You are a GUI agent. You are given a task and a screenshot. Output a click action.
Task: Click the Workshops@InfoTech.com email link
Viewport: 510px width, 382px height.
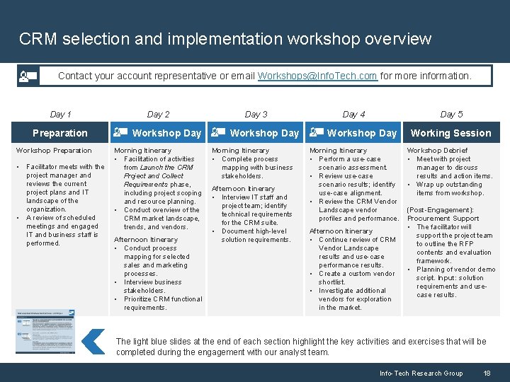pyautogui.click(x=317, y=76)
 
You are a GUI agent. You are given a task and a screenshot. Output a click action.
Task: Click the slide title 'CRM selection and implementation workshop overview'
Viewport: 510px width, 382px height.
pyautogui.click(x=225, y=38)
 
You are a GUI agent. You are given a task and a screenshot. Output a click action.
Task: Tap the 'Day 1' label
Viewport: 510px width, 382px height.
pyautogui.click(x=60, y=114)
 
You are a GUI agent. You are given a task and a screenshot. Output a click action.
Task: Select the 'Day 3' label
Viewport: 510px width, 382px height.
pyautogui.click(x=256, y=114)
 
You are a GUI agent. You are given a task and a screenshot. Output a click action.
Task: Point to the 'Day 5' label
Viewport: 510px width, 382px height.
pyautogui.click(x=451, y=114)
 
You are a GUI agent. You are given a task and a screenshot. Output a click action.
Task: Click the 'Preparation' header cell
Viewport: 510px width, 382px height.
pyautogui.click(x=60, y=133)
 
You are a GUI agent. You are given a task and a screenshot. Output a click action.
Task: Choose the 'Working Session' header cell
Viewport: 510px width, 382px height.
pyautogui.click(x=450, y=133)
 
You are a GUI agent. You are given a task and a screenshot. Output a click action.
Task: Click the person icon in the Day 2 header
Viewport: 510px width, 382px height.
pyautogui.click(x=120, y=132)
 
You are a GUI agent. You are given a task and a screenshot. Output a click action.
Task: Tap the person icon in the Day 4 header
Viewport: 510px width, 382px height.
pyautogui.click(x=315, y=132)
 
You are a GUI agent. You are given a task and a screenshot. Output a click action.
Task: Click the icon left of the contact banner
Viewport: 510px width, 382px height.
pyautogui.click(x=28, y=76)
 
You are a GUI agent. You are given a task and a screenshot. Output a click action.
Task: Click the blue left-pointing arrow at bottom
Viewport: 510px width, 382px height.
pyautogui.click(x=93, y=341)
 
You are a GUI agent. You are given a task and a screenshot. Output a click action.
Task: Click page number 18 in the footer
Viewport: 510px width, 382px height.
pyautogui.click(x=487, y=373)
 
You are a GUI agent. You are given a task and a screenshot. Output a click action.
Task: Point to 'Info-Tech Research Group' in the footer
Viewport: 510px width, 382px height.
pyautogui.click(x=421, y=373)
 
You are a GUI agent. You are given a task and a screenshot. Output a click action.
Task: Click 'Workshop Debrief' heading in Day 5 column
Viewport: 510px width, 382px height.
pyautogui.click(x=437, y=151)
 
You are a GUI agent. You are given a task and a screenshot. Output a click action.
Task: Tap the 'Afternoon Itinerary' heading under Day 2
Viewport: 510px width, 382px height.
pyautogui.click(x=146, y=240)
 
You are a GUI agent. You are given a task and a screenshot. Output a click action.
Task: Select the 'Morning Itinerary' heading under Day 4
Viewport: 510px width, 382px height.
pyautogui.click(x=338, y=151)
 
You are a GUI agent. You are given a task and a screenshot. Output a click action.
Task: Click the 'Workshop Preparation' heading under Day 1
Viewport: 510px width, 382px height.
pyautogui.click(x=54, y=151)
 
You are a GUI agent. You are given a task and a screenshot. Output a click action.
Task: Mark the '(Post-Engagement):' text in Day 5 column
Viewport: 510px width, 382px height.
pyautogui.click(x=440, y=210)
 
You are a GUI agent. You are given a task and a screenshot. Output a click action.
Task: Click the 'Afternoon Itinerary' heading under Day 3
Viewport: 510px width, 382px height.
pyautogui.click(x=243, y=189)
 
